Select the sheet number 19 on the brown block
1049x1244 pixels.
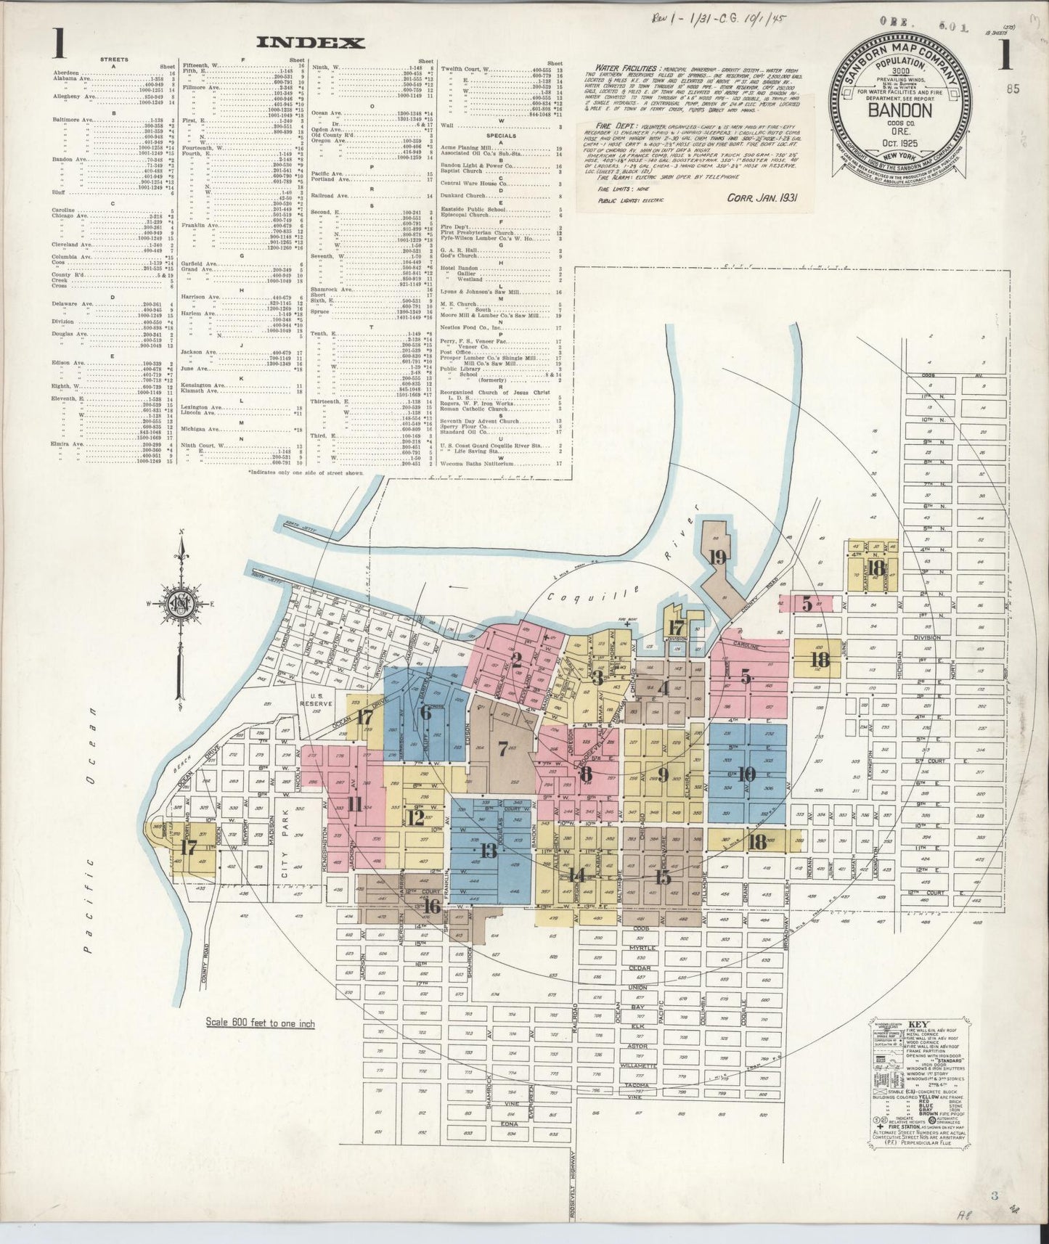(718, 557)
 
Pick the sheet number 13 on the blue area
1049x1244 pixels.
(488, 851)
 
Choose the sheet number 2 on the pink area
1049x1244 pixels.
(516, 660)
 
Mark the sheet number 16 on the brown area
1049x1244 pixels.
(432, 907)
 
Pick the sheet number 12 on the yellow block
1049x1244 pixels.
(415, 818)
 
